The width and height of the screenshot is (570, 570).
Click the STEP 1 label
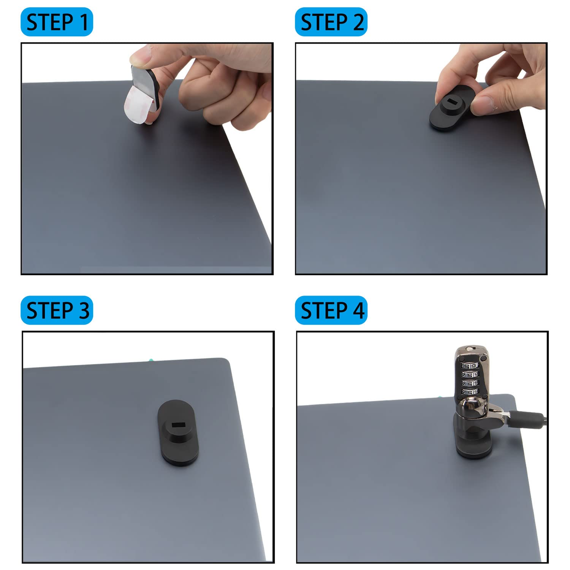tap(57, 22)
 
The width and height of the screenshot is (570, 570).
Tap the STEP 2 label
tap(331, 22)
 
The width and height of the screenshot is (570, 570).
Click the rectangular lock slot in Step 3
tap(177, 424)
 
